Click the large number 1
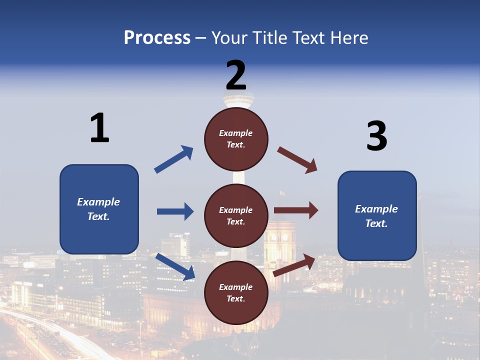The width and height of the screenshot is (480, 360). click(x=99, y=128)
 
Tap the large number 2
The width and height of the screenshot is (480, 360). click(x=236, y=75)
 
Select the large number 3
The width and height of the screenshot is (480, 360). click(x=376, y=136)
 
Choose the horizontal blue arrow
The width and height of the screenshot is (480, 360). click(x=175, y=211)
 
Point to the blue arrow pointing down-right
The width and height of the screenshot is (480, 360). click(x=175, y=266)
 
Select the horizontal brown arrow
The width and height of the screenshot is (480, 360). click(x=296, y=210)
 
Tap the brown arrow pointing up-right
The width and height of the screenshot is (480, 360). click(x=294, y=265)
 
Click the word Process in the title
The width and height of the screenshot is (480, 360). click(x=157, y=37)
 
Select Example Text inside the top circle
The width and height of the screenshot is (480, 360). click(x=236, y=139)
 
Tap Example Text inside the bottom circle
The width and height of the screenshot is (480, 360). click(x=236, y=293)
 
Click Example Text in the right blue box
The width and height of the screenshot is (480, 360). click(x=376, y=216)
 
